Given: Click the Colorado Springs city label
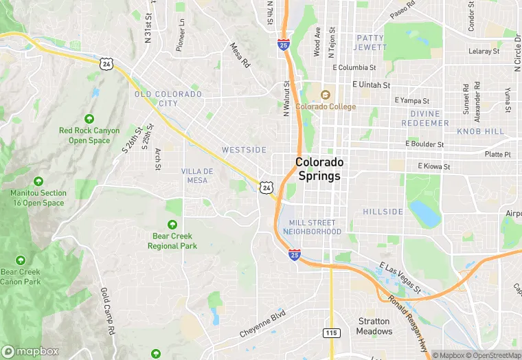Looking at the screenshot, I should click(319, 169).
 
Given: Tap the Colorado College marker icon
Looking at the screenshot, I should click(326, 95).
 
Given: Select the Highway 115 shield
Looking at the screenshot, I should click(331, 333).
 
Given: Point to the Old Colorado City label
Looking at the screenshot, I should click(168, 99).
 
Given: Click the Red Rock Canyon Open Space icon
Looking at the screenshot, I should click(89, 120).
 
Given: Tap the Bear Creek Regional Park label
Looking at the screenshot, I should click(172, 241).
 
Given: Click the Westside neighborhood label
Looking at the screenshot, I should click(244, 150).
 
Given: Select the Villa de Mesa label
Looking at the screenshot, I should click(197, 175).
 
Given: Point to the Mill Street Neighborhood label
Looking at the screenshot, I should click(312, 227).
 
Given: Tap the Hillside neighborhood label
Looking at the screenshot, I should click(383, 212).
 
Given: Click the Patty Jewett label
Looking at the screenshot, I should click(370, 42).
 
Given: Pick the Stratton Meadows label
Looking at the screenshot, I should click(374, 326).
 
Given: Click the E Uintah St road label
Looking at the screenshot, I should click(371, 85).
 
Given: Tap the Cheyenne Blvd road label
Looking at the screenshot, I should click(262, 324).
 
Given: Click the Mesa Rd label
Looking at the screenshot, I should click(240, 56).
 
